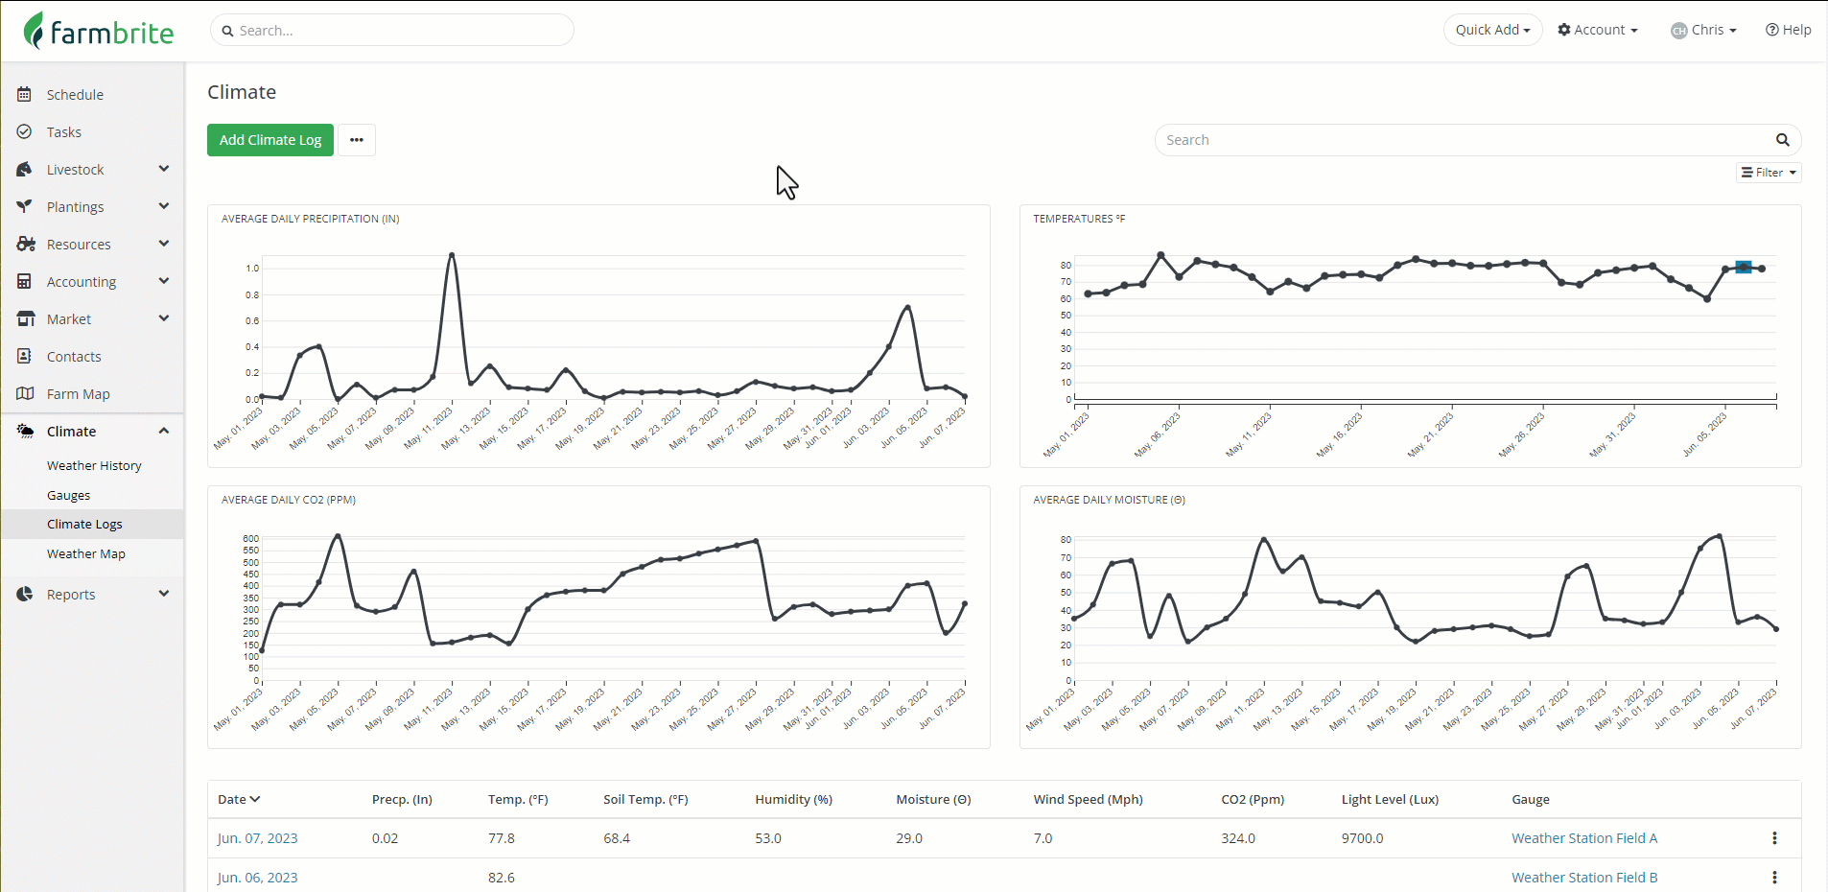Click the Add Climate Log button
tap(270, 140)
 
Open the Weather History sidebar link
tap(94, 465)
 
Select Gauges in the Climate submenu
tap(68, 495)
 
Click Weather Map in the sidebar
tap(85, 553)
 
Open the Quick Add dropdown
tap(1492, 30)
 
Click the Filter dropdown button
tap(1769, 173)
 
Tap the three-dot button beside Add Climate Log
tap(357, 140)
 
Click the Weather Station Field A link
tap(1584, 838)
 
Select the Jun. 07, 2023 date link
tap(257, 838)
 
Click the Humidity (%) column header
tap(793, 799)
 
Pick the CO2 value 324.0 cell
tap(1238, 838)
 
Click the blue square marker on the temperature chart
tap(1744, 268)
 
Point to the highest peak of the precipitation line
tap(452, 254)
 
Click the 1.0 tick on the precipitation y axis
tap(252, 269)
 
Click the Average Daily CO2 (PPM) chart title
tap(289, 500)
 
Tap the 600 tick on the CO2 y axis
tap(250, 539)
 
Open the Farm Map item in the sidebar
tap(78, 393)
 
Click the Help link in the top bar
tap(1788, 30)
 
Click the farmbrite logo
tap(99, 32)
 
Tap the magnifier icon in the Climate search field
tap(1782, 140)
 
